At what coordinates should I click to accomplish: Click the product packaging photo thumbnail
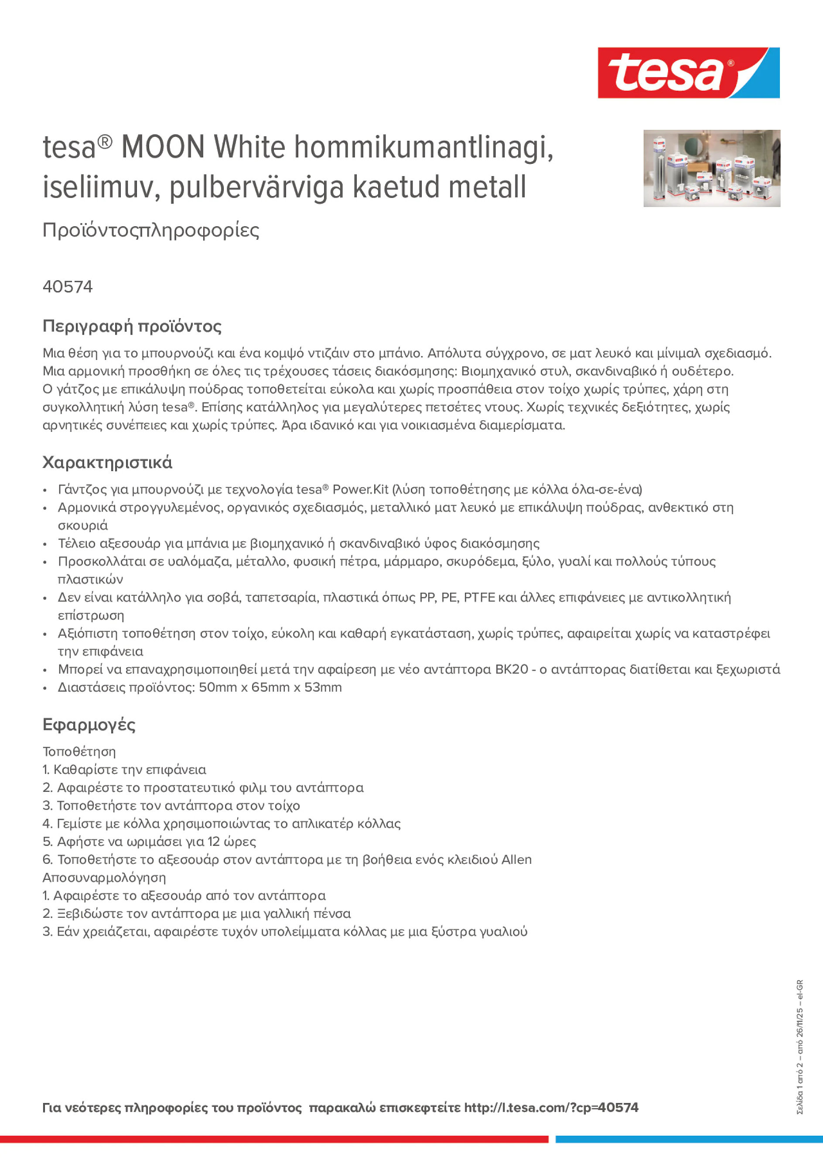[711, 168]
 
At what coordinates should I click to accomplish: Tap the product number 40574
[68, 287]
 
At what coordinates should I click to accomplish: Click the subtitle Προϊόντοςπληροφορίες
[151, 230]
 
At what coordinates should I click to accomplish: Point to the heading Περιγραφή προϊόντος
[132, 326]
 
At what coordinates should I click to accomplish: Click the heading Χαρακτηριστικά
[107, 462]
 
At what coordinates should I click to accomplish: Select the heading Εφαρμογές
[89, 724]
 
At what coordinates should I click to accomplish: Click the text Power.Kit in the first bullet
[360, 489]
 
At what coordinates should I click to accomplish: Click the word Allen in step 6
[516, 859]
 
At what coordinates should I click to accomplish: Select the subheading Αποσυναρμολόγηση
[104, 878]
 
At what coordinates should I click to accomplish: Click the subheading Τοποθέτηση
[79, 751]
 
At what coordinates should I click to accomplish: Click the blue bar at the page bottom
[689, 1139]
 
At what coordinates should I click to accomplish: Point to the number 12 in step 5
[214, 842]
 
